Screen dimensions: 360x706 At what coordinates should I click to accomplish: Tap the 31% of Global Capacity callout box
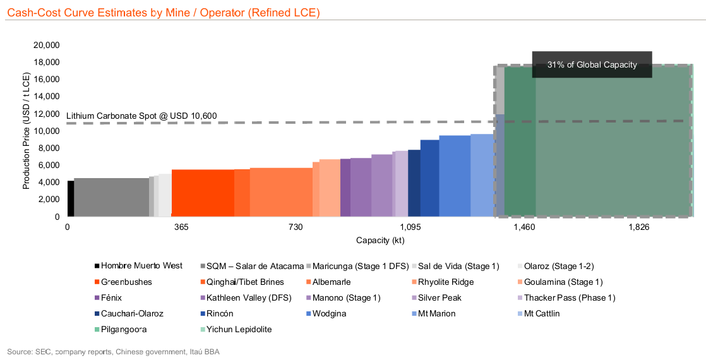click(x=592, y=64)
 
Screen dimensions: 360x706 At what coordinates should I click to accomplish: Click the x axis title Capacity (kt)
click(x=380, y=241)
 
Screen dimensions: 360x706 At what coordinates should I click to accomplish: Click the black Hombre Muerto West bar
click(x=71, y=198)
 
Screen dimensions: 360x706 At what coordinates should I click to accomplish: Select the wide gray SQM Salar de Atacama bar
click(x=111, y=197)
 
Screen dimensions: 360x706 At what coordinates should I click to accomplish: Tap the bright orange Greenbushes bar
click(x=202, y=193)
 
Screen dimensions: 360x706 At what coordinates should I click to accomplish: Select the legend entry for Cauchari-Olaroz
click(x=132, y=313)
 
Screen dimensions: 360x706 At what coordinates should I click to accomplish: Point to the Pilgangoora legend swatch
click(x=97, y=329)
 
